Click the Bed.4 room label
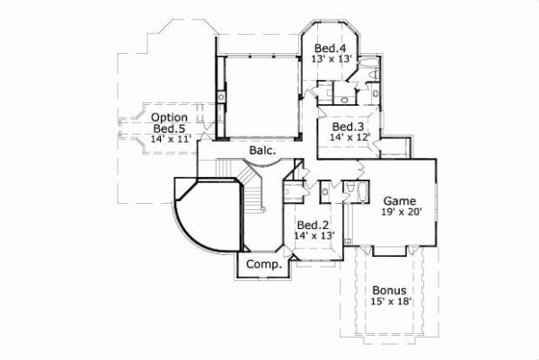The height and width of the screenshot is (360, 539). tap(329, 48)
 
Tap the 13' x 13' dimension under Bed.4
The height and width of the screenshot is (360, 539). tap(329, 58)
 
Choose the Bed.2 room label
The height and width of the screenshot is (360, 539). tap(314, 224)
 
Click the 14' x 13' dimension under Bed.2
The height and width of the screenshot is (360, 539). tap(314, 235)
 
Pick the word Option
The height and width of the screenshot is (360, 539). tap(169, 118)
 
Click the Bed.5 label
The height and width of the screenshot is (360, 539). tap(169, 128)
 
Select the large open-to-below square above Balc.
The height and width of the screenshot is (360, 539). tap(261, 96)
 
